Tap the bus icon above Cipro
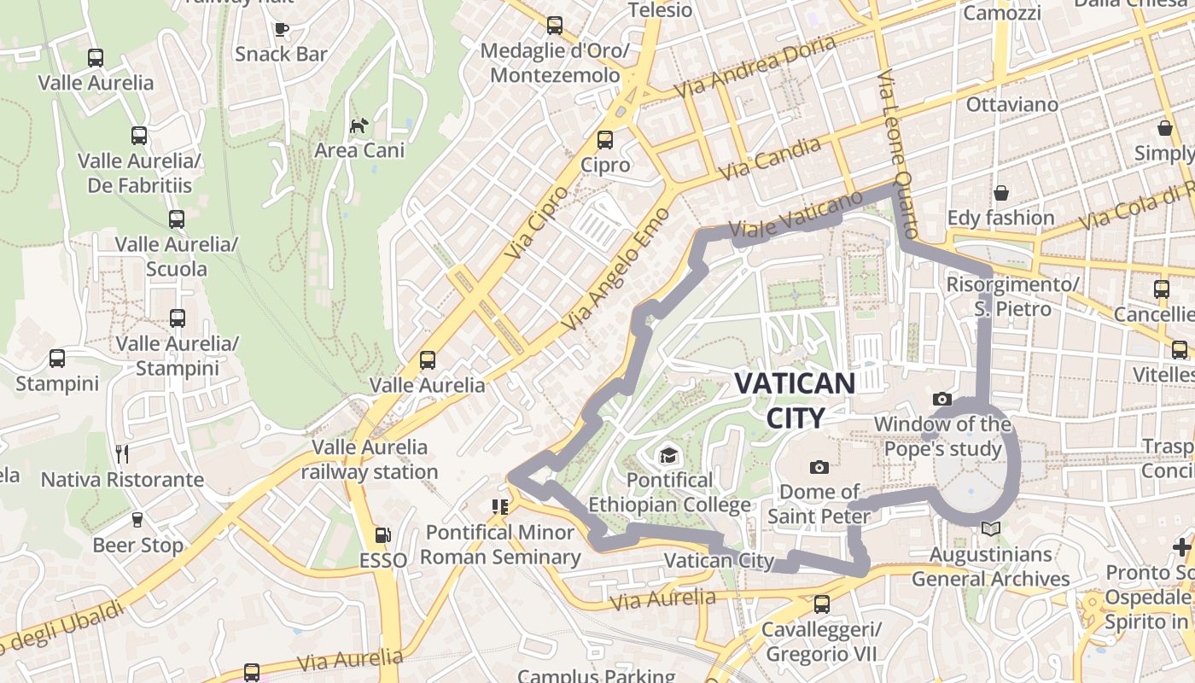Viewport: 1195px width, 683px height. (x=605, y=139)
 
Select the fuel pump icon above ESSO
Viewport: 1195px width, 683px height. (x=383, y=535)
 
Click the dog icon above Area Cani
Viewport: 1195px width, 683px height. (x=359, y=126)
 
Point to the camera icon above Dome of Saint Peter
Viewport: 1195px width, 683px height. (x=819, y=467)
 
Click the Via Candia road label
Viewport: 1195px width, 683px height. (x=771, y=159)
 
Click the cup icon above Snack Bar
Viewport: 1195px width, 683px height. (x=282, y=29)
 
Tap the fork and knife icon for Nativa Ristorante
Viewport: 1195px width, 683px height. (x=122, y=453)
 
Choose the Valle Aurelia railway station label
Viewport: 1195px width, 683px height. (x=369, y=459)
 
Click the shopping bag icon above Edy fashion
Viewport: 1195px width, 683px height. (x=1000, y=193)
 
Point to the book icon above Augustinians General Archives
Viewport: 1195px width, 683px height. (x=990, y=529)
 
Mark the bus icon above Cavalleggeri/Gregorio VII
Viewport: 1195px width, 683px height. (x=821, y=604)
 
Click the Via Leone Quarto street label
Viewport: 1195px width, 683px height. (x=897, y=155)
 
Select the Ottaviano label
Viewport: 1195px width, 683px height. (x=1012, y=104)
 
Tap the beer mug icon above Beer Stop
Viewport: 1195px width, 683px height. (x=137, y=519)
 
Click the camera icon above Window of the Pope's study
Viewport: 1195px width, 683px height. (x=942, y=399)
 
